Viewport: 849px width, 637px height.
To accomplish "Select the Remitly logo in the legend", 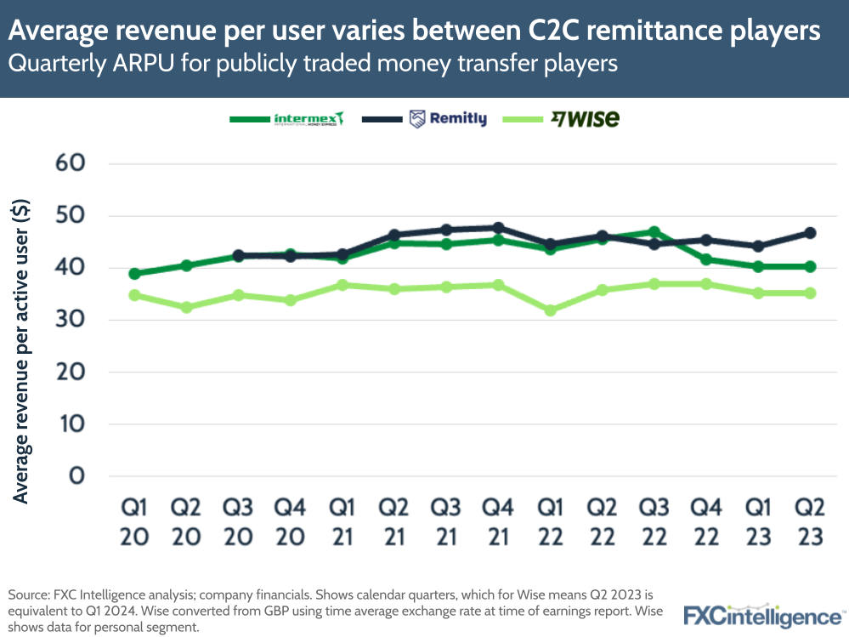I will click(448, 119).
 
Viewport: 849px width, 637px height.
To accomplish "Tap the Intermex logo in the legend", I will click(308, 119).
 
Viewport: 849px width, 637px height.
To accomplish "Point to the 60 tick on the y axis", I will click(71, 163).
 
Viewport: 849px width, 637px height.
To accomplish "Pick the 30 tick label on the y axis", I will click(71, 320).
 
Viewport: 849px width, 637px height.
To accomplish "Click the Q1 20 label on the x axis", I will click(134, 523).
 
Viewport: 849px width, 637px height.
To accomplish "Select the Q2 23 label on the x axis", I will click(810, 523).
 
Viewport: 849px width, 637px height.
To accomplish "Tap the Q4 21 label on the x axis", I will click(498, 523).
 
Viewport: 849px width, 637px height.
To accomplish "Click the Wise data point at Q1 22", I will click(551, 310).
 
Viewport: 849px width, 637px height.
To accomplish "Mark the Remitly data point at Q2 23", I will click(810, 232).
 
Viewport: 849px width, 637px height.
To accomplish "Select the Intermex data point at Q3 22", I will click(654, 231).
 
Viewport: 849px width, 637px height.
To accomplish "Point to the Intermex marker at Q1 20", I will click(134, 274).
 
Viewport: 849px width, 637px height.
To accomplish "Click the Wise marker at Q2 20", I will click(186, 307).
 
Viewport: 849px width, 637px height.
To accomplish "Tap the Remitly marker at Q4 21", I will click(498, 228).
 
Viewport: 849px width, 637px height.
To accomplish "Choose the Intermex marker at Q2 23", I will click(810, 266).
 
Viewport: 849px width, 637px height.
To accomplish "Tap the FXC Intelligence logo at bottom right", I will click(761, 615).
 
